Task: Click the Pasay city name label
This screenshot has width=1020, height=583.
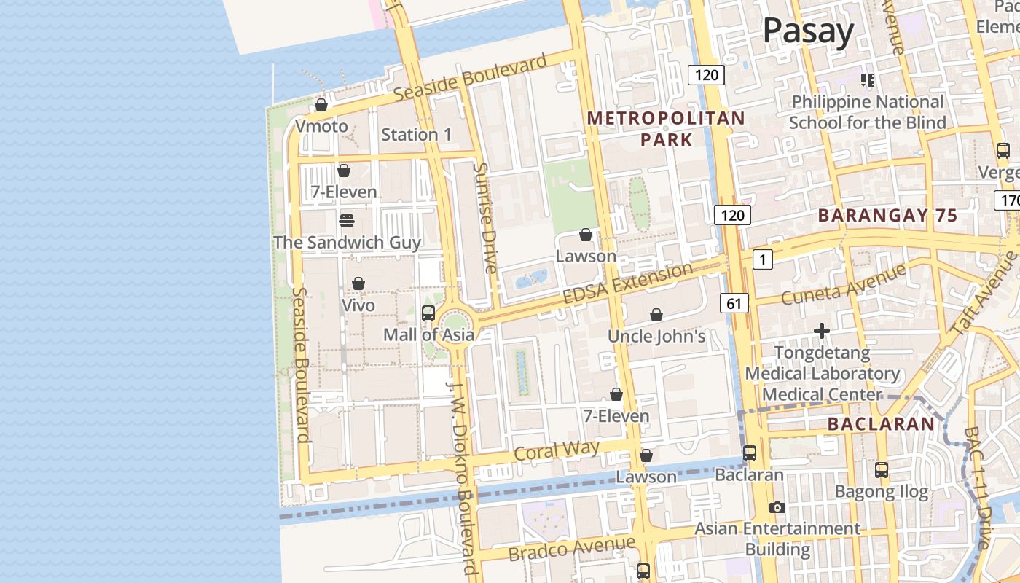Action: (808, 32)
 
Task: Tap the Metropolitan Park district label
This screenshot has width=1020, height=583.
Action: (666, 128)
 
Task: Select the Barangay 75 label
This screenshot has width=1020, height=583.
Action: (887, 216)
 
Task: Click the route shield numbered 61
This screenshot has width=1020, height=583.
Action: (734, 303)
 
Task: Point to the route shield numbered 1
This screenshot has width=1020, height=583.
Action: (762, 259)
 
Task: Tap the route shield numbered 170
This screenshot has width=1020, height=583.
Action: (1008, 200)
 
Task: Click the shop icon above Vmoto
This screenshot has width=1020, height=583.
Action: (321, 106)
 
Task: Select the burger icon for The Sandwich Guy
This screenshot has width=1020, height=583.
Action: (347, 221)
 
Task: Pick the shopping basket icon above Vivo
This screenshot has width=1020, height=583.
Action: (358, 283)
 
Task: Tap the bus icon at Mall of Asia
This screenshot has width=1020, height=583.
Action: (428, 313)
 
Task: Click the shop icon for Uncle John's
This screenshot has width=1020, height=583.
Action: (656, 315)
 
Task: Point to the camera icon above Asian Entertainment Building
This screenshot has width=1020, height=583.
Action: (777, 507)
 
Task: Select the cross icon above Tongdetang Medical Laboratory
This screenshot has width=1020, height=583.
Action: (822, 332)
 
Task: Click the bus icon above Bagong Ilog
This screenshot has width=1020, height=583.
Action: (882, 470)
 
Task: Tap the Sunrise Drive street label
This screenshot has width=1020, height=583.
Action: (484, 218)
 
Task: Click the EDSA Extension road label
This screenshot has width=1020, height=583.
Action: (628, 283)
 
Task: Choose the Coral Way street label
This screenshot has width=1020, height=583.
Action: (557, 450)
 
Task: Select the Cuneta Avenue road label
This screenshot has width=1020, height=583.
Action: (844, 284)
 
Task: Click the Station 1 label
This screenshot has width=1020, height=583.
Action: (416, 135)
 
